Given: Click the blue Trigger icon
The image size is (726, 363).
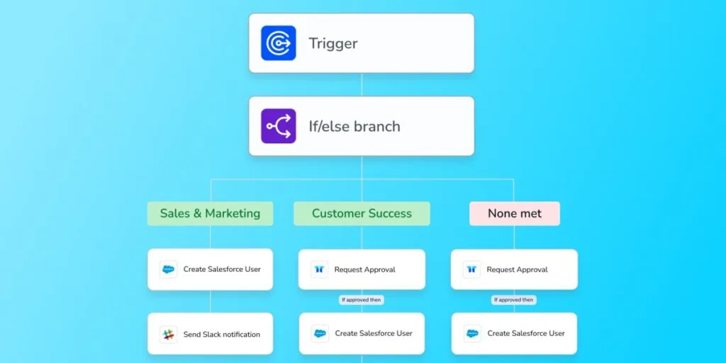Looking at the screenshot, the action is coord(278,43).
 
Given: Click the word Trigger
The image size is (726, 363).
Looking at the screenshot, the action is coord(333,43).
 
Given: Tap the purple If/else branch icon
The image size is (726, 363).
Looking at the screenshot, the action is coord(278,126).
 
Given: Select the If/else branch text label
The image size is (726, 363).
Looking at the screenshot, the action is coord(354,126).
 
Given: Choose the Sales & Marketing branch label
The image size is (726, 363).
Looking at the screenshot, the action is coord(210,213).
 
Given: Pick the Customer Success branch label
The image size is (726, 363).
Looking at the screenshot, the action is coord(362,213).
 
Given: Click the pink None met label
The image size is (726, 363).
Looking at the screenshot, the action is coord(515,213).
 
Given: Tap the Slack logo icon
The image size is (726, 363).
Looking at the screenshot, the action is coord(168,335).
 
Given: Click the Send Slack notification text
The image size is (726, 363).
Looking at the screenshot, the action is coord(222,335).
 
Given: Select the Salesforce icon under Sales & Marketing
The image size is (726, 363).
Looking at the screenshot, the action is coord(168,269).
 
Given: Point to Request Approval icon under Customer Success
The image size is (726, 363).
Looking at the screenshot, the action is coord(319,269).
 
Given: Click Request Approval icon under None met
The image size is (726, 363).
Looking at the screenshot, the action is coord(471,269).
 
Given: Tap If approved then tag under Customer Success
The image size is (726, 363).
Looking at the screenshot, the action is coord(361,300).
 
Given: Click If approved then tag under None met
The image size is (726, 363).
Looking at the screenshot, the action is coord(514,300).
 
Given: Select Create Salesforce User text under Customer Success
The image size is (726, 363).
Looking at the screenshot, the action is coord(374,333).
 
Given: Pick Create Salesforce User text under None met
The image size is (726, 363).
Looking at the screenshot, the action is coord(526,333).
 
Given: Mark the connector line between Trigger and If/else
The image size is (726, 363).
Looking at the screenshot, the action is coord(362,85).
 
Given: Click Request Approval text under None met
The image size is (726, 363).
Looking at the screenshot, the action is coord(517,269).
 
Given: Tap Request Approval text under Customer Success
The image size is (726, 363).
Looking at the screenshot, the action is coord(365,269).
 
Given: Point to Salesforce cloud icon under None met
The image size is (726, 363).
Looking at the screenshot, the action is coord(472,333).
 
